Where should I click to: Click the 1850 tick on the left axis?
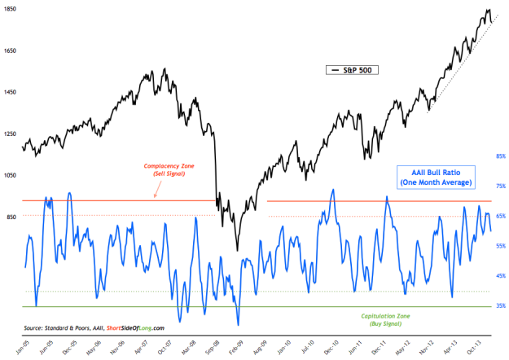pyautogui.click(x=10, y=11)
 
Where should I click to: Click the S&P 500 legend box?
pyautogui.click(x=350, y=71)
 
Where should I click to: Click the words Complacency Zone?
pyautogui.click(x=156, y=166)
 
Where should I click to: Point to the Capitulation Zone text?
pyautogui.click(x=377, y=314)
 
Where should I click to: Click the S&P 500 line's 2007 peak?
pyautogui.click(x=165, y=69)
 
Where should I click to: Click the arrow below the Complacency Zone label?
pyautogui.click(x=156, y=191)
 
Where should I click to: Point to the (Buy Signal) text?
pyautogui.click(x=377, y=323)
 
